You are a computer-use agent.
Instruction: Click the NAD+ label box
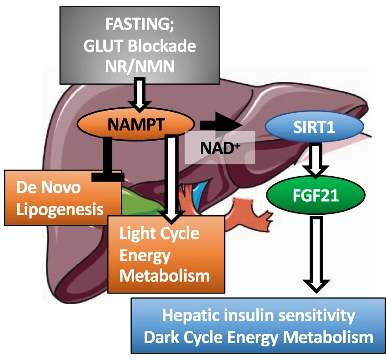pos(220,147)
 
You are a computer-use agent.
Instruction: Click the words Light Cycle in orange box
pos(159,233)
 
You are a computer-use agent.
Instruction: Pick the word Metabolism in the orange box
pos(164,275)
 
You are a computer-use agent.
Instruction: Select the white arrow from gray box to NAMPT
pos(140,93)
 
